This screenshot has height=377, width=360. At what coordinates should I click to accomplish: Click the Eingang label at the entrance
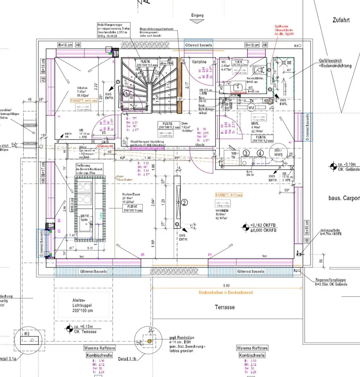197,15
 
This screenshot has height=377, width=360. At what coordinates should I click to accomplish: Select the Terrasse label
225,307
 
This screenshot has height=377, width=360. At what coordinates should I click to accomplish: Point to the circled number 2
184,203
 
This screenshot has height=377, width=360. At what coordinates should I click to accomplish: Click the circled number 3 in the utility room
246,153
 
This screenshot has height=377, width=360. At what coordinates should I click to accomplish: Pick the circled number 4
260,153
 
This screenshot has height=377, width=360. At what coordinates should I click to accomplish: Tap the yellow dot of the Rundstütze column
149,341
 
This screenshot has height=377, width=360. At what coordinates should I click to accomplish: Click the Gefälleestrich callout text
335,63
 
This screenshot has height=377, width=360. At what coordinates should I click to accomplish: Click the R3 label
27,334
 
